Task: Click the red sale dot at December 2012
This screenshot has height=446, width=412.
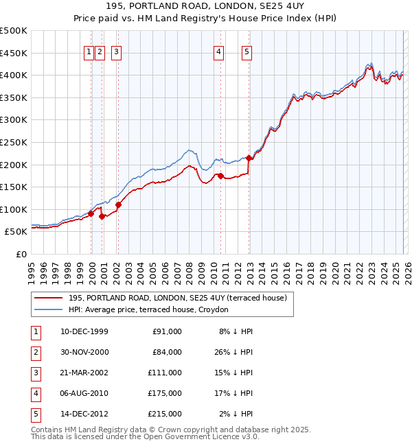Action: tap(249, 159)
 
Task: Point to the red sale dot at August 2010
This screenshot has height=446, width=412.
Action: tap(220, 176)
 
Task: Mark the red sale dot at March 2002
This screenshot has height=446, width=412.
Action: tap(118, 204)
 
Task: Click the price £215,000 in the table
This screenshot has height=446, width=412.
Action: tap(165, 414)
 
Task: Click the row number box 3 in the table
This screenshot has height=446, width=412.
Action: tap(34, 373)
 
